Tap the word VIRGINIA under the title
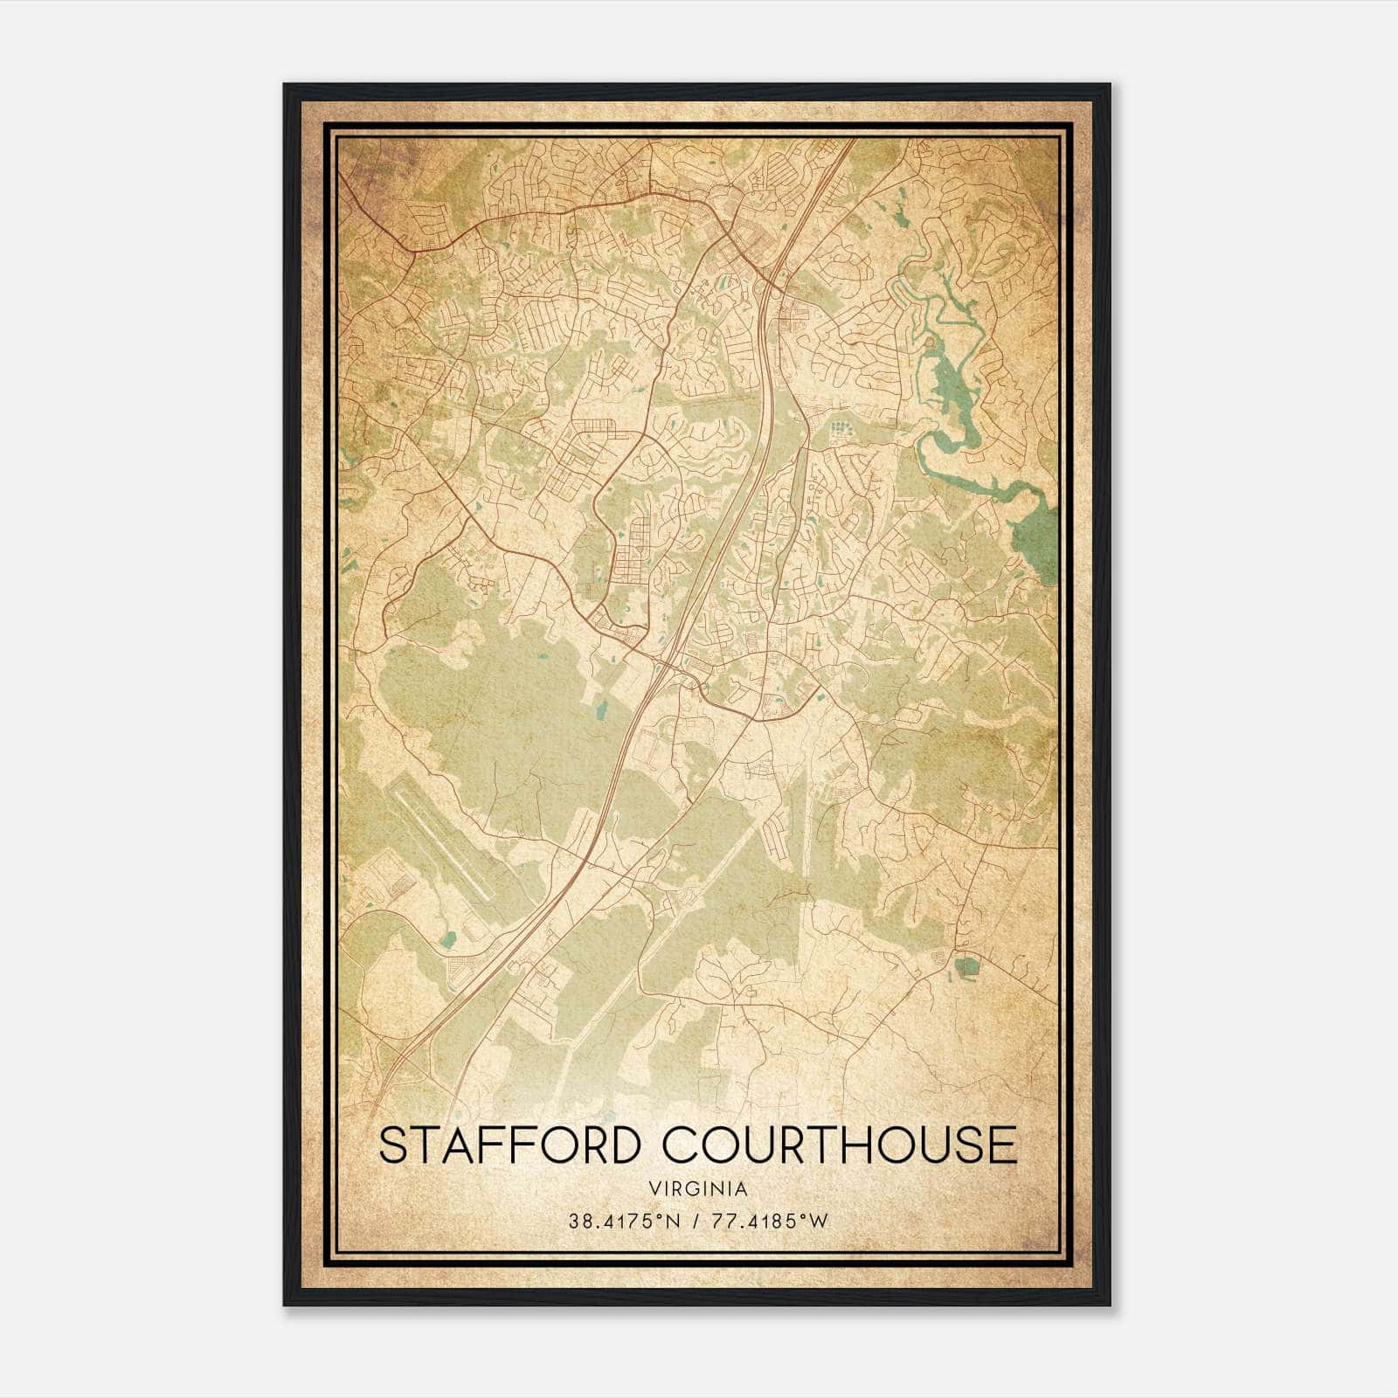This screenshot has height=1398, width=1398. (x=698, y=1189)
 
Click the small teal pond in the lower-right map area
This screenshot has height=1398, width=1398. (x=966, y=966)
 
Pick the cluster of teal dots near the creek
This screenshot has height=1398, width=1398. (x=841, y=428)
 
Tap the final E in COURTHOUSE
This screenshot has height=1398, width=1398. (x=1006, y=1145)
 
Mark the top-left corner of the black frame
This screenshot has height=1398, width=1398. (x=285, y=85)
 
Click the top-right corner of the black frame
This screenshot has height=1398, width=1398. (x=1110, y=85)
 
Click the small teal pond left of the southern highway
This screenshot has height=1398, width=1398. (x=449, y=940)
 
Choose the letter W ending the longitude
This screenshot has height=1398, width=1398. (x=820, y=1221)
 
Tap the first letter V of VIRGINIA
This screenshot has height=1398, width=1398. (x=654, y=1189)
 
